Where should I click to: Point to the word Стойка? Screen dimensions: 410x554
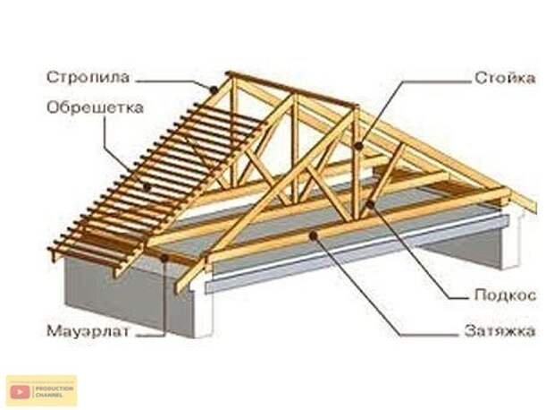(x=504, y=78)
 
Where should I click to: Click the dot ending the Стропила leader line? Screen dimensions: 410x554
(x=213, y=90)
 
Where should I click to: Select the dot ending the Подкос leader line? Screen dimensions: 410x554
(x=369, y=205)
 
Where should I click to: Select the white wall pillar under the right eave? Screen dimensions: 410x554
(x=510, y=242)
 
